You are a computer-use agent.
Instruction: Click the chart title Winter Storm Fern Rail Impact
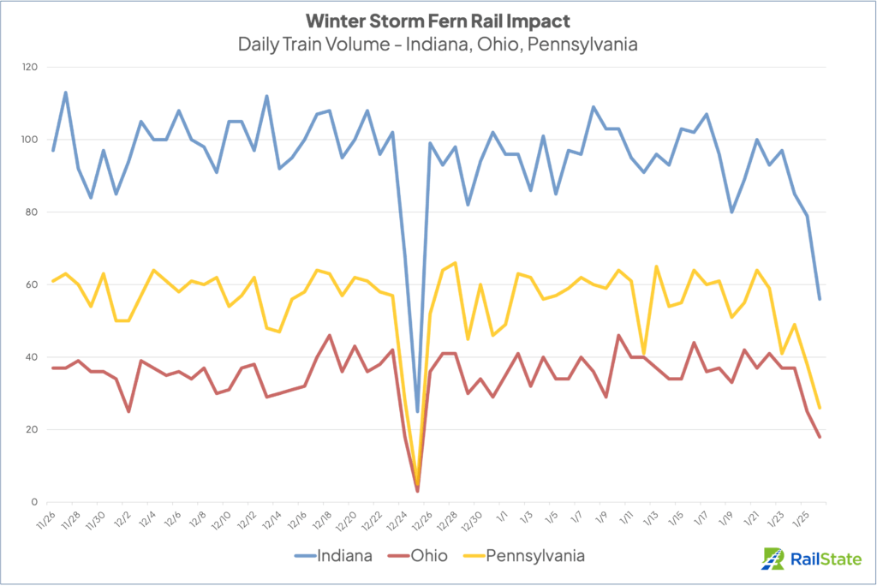(437, 19)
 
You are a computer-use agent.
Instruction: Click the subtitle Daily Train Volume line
(437, 43)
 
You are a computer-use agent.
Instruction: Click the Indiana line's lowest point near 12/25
(417, 411)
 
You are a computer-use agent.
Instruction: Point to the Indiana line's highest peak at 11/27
(66, 93)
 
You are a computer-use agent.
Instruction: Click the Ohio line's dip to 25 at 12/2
(128, 411)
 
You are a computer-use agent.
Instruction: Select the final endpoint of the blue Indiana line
(820, 299)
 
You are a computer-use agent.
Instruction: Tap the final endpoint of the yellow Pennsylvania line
(820, 408)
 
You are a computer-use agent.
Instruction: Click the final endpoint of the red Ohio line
(820, 437)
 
